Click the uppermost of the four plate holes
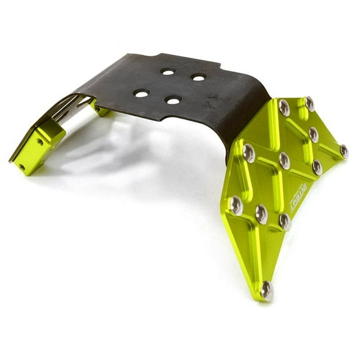tap(167, 72)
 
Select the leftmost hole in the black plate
tap(141, 93)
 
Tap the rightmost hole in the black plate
tap(198, 77)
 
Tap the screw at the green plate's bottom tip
tap(267, 289)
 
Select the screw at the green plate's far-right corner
tap(343, 151)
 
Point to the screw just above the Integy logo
tap(317, 167)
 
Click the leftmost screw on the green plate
tap(236, 204)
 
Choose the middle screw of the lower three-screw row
tap(261, 214)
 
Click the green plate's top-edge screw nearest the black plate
tap(284, 107)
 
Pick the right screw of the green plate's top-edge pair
tap(309, 103)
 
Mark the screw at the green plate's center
tap(284, 160)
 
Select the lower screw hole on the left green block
tap(22, 167)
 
